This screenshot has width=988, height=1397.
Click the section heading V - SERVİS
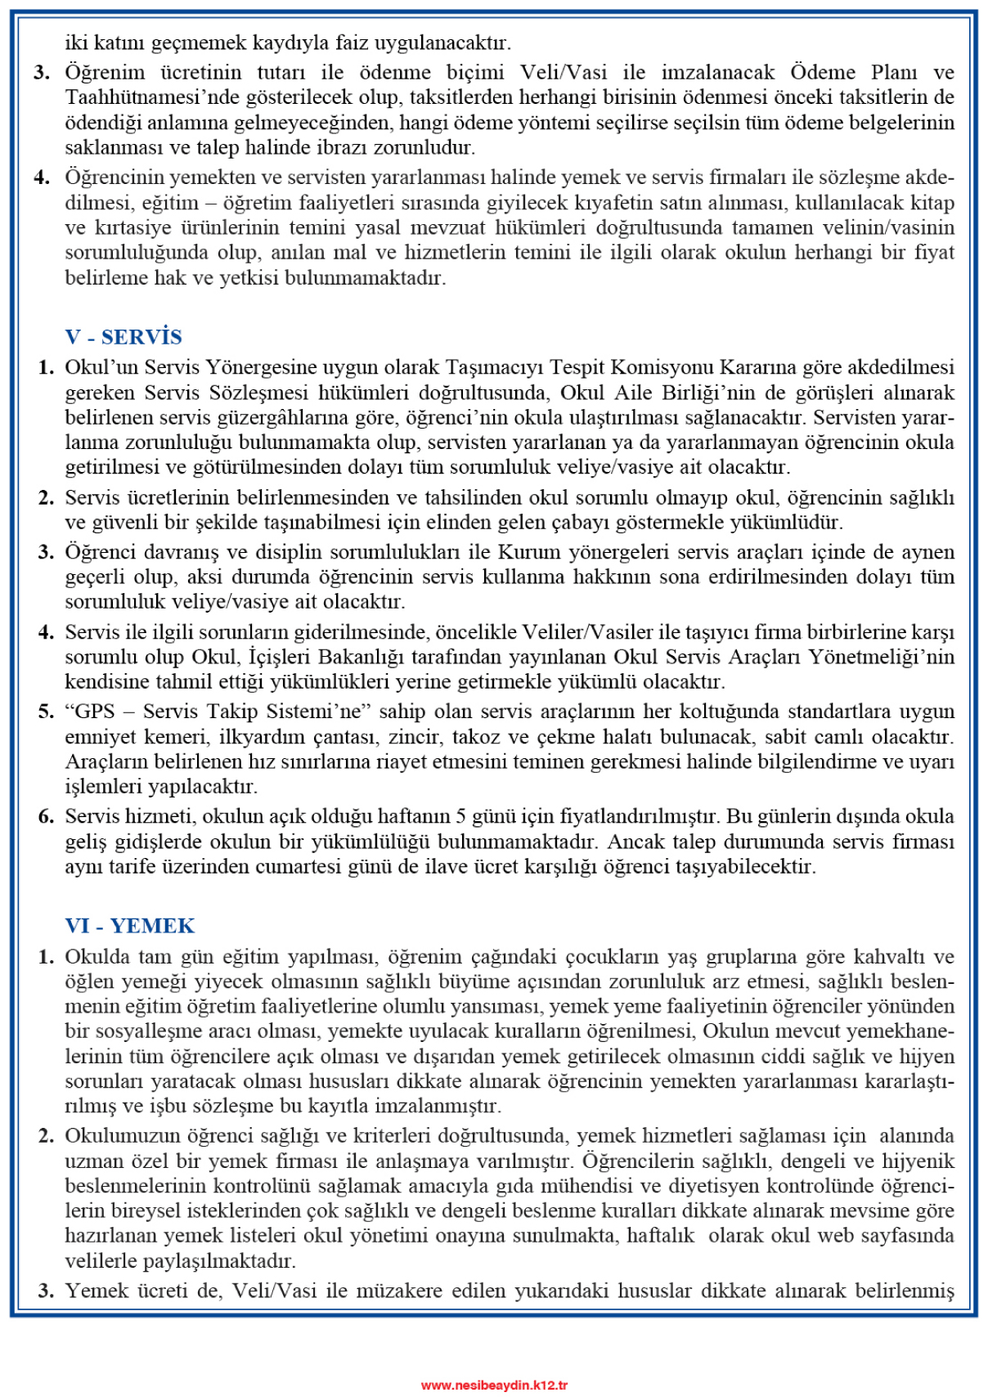[x=123, y=337]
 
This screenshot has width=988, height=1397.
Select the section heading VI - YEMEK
[x=130, y=926]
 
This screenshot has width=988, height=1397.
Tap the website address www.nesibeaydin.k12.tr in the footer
[x=494, y=1385]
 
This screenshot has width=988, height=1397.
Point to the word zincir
[x=414, y=737]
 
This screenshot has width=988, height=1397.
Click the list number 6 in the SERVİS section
[x=46, y=816]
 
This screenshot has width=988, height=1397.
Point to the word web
[x=835, y=1236]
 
